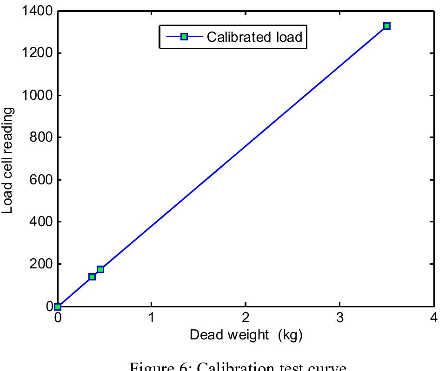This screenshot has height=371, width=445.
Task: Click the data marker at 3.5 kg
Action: (386, 26)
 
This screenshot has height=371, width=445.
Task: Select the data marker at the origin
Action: (58, 306)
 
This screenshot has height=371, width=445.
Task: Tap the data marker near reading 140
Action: (92, 277)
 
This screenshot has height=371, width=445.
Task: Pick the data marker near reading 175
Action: (100, 269)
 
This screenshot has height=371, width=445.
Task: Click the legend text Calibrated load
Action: (254, 37)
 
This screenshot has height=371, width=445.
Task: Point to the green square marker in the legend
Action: (184, 37)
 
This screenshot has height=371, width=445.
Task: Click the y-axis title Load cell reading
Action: (8, 160)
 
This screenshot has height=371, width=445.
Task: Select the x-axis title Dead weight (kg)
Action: (246, 335)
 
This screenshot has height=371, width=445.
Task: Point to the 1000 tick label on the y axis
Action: (36, 95)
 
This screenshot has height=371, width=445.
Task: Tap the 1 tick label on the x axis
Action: (152, 319)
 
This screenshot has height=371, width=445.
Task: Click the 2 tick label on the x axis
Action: (246, 319)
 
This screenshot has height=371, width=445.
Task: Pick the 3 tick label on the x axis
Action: (340, 319)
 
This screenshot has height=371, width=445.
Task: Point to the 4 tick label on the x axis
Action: (434, 319)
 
